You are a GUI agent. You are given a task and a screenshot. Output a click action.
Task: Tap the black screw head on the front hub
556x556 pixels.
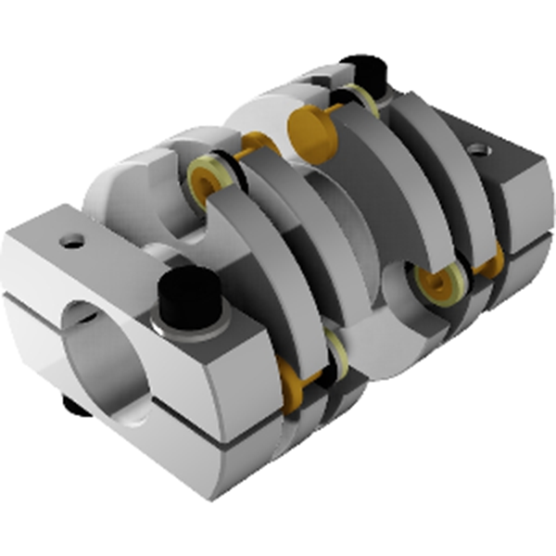pos(189,296)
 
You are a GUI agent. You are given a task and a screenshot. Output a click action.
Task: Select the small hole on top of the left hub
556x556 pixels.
pos(70,243)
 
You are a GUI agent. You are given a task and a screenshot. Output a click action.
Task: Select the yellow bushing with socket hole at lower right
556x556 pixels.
pos(434,284)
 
